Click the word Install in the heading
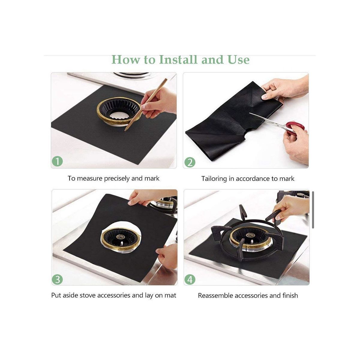178,60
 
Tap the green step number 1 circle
57,161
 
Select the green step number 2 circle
190,162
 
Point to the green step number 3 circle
57,280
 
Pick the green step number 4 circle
190,280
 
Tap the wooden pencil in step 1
146,105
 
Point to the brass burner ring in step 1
118,112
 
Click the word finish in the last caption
290,295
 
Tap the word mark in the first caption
152,178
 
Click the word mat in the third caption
170,295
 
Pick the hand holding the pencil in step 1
159,103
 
